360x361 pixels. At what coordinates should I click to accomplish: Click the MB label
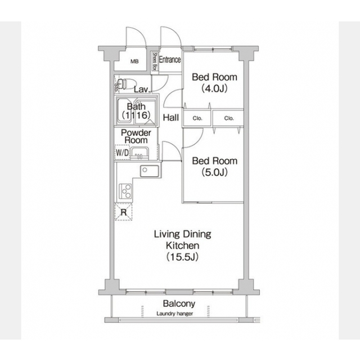click(134, 61)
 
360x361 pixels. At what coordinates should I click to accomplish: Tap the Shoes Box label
click(155, 61)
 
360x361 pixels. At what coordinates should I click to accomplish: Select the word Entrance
click(170, 60)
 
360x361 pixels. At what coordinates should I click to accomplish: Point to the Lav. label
click(142, 90)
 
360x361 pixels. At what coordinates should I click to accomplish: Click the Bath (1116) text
click(136, 111)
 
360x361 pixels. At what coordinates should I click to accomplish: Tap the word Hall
click(171, 118)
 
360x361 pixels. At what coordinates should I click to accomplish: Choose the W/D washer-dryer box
click(122, 152)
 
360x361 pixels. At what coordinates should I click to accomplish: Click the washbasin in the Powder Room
click(139, 153)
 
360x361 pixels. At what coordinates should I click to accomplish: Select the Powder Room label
click(136, 136)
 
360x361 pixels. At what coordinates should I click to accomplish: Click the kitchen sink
click(150, 171)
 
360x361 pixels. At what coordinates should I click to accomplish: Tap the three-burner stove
click(125, 191)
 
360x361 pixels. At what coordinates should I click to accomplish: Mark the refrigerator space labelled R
click(123, 212)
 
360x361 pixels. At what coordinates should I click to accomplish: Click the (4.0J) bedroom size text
click(214, 88)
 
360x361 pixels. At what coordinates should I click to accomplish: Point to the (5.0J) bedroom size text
click(214, 172)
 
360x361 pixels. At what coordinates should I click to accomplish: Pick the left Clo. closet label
click(197, 118)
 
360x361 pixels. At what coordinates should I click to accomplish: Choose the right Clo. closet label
click(229, 118)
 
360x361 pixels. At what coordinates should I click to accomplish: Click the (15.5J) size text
click(182, 257)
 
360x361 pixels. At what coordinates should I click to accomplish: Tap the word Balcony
click(179, 304)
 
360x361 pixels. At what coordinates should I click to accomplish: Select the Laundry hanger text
click(175, 314)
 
